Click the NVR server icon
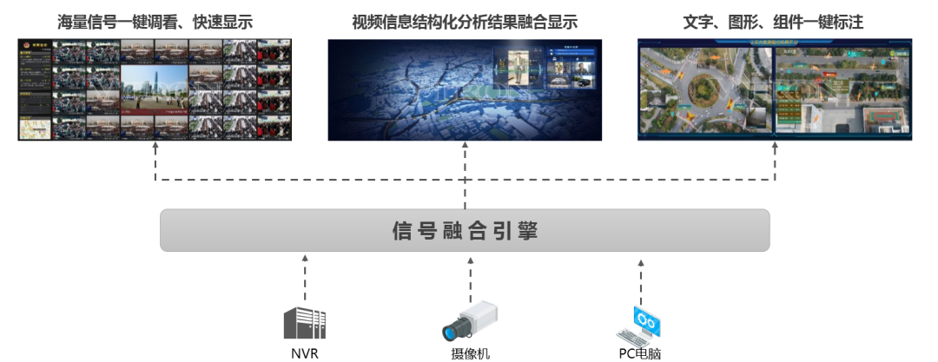304,322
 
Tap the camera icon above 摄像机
469,320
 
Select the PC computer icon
640,324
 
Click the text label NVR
304,353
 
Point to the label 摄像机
470,353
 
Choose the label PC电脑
641,353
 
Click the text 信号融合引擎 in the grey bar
465,232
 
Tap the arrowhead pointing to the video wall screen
155,149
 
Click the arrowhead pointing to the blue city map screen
465,149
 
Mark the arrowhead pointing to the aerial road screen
774,149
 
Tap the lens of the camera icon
451,332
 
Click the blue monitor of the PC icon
649,319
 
